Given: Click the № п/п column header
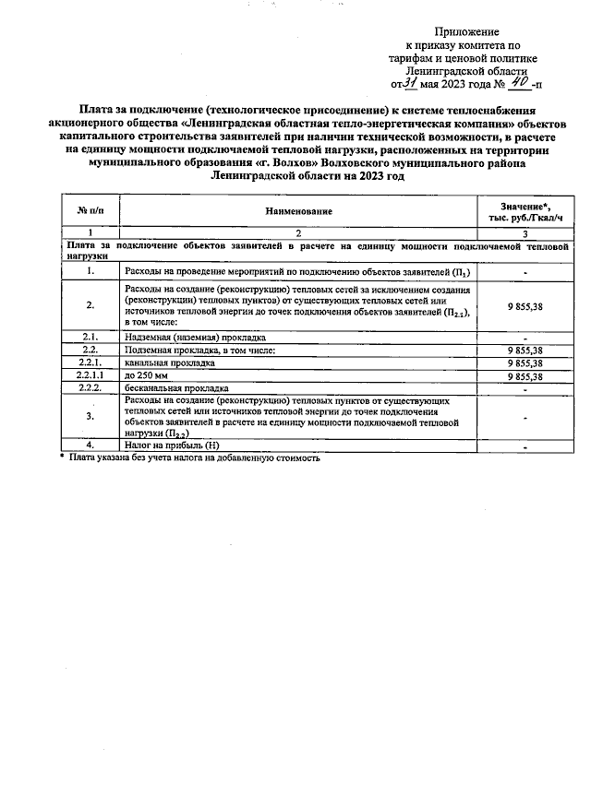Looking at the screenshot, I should click(90, 211).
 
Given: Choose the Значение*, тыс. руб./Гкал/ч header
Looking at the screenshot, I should click(525, 211).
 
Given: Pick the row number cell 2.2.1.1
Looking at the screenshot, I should click(90, 376).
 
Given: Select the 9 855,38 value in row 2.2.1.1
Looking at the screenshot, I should click(525, 376).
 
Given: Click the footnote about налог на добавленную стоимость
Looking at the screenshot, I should click(194, 457).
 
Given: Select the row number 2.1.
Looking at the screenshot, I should click(90, 337).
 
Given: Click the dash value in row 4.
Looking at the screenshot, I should click(525, 446).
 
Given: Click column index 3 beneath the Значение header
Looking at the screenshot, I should click(525, 233).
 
